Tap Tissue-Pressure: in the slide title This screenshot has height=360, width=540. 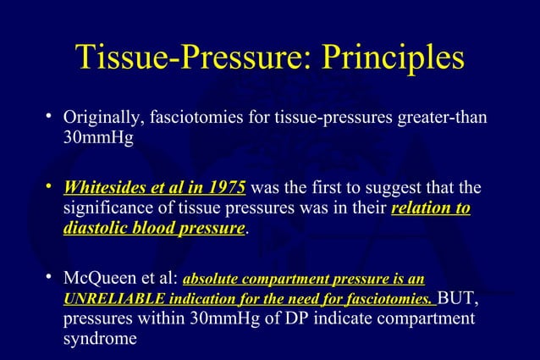pyautogui.click(x=187, y=58)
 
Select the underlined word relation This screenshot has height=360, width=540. pyautogui.click(x=422, y=208)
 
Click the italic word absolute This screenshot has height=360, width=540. pyautogui.click(x=212, y=279)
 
